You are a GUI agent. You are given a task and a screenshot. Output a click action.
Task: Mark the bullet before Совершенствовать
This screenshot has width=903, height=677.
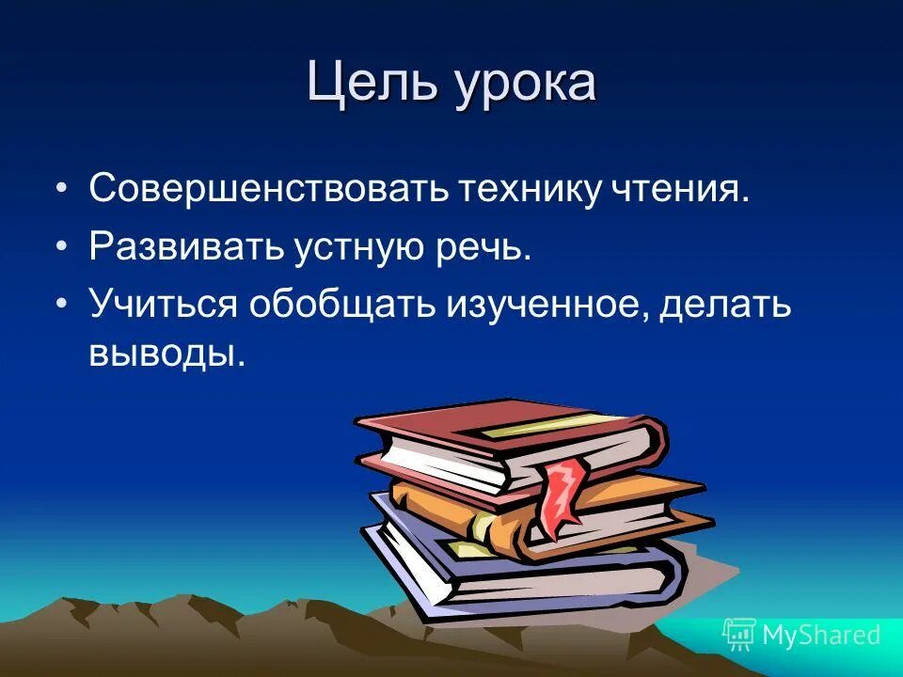click(x=62, y=190)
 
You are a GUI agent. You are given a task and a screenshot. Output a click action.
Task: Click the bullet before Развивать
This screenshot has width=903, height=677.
click(x=62, y=248)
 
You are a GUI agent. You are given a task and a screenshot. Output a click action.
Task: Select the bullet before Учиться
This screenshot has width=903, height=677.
click(x=62, y=307)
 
